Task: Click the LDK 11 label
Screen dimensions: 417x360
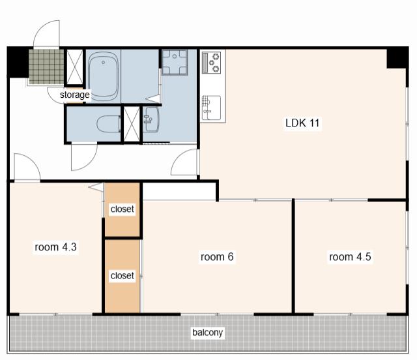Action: click(x=302, y=123)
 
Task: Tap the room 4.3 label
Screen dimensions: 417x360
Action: click(x=55, y=247)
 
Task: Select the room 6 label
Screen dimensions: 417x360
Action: click(x=217, y=257)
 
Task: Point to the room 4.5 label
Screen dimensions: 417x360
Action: click(x=350, y=257)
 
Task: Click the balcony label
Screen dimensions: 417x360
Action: click(x=207, y=333)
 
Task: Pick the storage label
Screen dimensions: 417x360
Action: click(x=75, y=95)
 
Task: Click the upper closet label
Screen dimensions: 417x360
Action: click(x=122, y=209)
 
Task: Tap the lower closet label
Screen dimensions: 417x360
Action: click(x=122, y=276)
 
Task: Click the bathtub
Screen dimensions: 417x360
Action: click(x=103, y=76)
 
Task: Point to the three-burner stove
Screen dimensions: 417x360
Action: click(x=212, y=63)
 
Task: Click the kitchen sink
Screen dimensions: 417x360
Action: click(x=211, y=108)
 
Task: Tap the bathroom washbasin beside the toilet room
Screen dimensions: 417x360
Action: click(x=151, y=119)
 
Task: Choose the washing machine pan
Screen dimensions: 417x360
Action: click(x=175, y=62)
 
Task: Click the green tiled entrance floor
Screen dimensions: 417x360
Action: click(x=46, y=67)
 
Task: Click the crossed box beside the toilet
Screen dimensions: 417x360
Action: click(x=132, y=124)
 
